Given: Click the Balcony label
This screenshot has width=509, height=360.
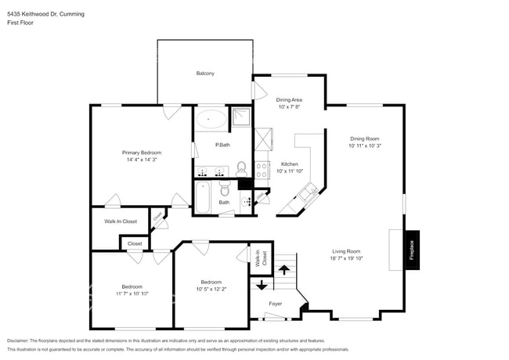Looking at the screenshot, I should point(205,74).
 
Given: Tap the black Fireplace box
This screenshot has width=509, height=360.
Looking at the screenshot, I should point(412,250).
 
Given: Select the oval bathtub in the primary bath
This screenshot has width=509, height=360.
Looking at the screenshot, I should point(210,120).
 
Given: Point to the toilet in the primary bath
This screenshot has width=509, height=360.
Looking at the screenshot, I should point(241,167).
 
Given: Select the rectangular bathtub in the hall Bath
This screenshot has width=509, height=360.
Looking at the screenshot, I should point(204,196).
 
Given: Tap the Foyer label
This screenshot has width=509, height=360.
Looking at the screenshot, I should point(276,303).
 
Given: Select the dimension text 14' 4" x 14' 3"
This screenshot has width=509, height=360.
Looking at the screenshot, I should point(142,160).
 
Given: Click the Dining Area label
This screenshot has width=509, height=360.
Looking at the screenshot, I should point(289,100).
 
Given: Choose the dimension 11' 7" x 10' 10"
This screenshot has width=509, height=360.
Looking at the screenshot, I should point(131,293).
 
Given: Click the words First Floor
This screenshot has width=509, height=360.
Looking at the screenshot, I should point(20,23).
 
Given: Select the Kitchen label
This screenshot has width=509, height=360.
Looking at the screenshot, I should point(290,164).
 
